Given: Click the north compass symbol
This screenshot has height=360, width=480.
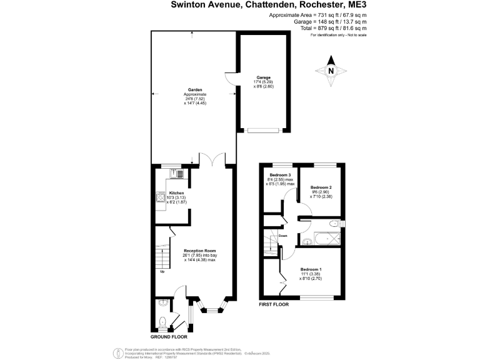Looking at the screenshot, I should pos(332,71).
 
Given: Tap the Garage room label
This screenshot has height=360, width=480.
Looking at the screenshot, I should pos(262,78).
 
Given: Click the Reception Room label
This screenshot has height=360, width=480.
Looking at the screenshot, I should pos(199,251).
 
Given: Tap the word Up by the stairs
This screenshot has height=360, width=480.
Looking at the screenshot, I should pos(162,271).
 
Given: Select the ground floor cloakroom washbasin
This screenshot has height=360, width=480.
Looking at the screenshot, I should pos(163,303).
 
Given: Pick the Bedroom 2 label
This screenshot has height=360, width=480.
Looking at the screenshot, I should pos(321,187).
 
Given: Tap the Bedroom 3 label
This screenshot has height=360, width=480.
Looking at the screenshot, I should pos(281,174).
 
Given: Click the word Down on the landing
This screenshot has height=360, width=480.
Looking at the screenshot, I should pos(283,236).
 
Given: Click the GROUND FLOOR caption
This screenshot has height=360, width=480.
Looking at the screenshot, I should pos(171,336).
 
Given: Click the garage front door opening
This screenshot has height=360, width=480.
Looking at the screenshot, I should pos(262,131).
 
